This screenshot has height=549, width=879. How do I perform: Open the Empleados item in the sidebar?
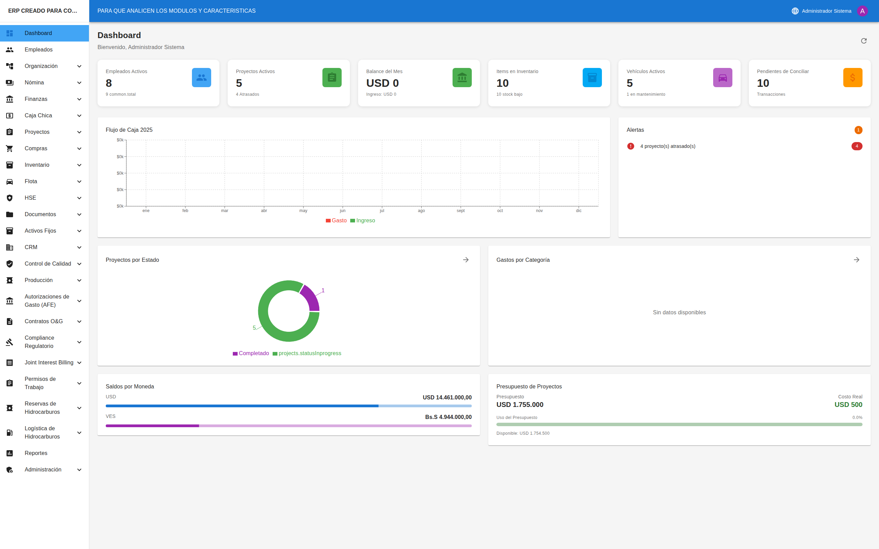pyautogui.click(x=38, y=49)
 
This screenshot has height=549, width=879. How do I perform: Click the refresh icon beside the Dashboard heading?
pyautogui.click(x=864, y=41)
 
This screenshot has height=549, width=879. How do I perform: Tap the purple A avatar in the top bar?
pyautogui.click(x=862, y=11)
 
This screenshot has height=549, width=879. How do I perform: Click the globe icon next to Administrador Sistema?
pyautogui.click(x=795, y=11)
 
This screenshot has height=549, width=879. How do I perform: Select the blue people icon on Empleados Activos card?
pyautogui.click(x=201, y=77)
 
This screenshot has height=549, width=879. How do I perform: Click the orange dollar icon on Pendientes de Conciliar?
pyautogui.click(x=853, y=77)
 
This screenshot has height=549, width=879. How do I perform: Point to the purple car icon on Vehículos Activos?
pyautogui.click(x=722, y=77)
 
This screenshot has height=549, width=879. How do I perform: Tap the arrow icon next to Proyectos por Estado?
pyautogui.click(x=466, y=260)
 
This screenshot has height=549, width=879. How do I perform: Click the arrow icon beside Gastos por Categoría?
pyautogui.click(x=856, y=260)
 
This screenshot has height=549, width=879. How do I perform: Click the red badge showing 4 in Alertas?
pyautogui.click(x=856, y=146)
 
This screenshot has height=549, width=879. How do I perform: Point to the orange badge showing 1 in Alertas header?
pyautogui.click(x=858, y=130)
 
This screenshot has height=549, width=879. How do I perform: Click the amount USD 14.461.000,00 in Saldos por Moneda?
pyautogui.click(x=447, y=397)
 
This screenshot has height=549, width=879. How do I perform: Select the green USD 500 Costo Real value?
pyautogui.click(x=848, y=405)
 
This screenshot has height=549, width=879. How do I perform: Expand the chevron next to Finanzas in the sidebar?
pyautogui.click(x=79, y=99)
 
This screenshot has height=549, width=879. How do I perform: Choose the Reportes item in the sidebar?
pyautogui.click(x=36, y=453)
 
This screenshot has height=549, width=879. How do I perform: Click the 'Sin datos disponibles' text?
pyautogui.click(x=679, y=312)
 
